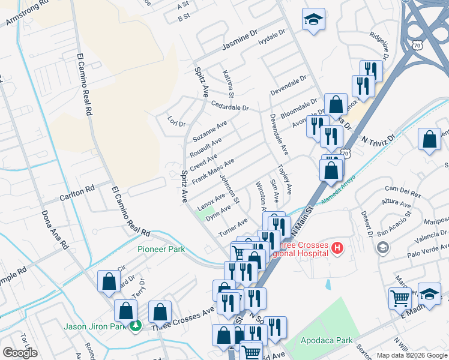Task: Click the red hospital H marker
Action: coord(337,247)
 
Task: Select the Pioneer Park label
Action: coord(160,249)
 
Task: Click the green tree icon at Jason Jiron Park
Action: coord(136,326)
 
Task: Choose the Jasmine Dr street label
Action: coord(240,40)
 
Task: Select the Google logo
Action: coord(20,353)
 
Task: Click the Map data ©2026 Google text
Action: coord(412,355)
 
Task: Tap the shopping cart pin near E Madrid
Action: coord(400,298)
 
